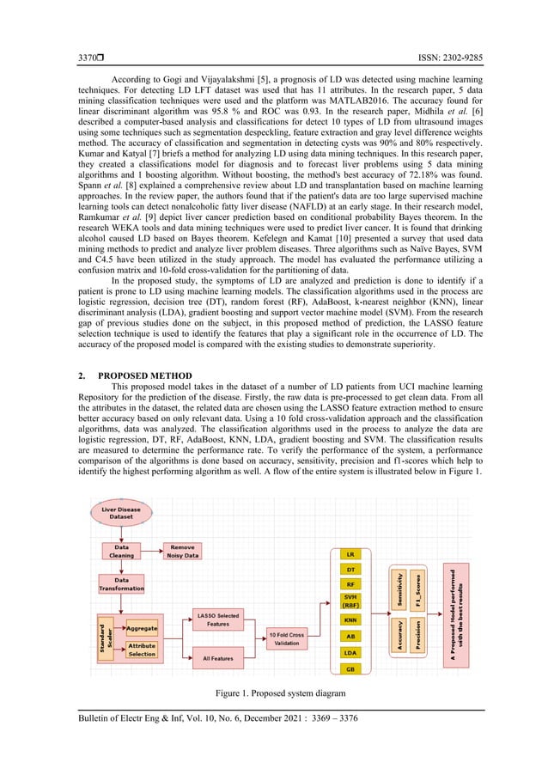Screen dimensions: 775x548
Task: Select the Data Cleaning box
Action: coord(121,551)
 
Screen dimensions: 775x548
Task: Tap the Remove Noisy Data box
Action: coord(182,551)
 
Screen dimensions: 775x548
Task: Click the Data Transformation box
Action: coord(121,584)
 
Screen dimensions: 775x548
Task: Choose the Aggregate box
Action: coord(140,629)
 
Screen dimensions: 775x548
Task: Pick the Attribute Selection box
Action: coord(142,650)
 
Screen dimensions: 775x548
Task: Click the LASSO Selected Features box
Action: coord(218,619)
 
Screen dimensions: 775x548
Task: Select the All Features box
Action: coord(218,658)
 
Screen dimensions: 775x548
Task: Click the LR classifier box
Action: coord(350,554)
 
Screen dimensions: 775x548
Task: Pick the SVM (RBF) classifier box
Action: coord(350,600)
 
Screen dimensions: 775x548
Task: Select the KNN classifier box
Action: coord(350,619)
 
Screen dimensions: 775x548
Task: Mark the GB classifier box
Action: coord(350,668)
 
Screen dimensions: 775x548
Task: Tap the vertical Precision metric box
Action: coord(417,636)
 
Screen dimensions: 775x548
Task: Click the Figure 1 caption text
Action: coord(273,693)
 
